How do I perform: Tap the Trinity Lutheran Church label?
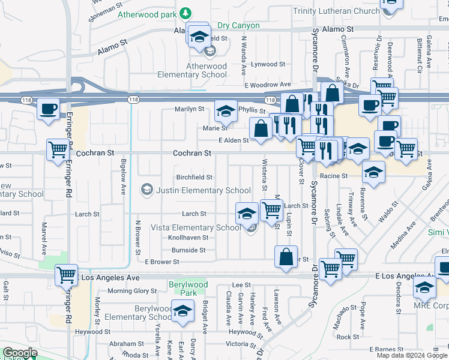(x=336, y=11)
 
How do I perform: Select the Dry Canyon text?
(x=238, y=26)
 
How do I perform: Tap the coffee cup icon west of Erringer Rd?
(x=48, y=110)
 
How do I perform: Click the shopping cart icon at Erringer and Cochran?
(x=58, y=150)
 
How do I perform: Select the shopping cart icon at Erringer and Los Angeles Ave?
(x=66, y=275)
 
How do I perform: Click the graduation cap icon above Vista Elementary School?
(x=247, y=213)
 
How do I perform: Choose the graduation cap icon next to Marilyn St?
(x=225, y=111)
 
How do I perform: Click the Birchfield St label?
(x=194, y=177)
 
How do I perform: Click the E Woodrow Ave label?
(x=267, y=85)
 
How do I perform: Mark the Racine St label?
(x=334, y=176)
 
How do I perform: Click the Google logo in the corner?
(x=20, y=353)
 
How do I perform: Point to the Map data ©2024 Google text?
(x=412, y=355)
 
